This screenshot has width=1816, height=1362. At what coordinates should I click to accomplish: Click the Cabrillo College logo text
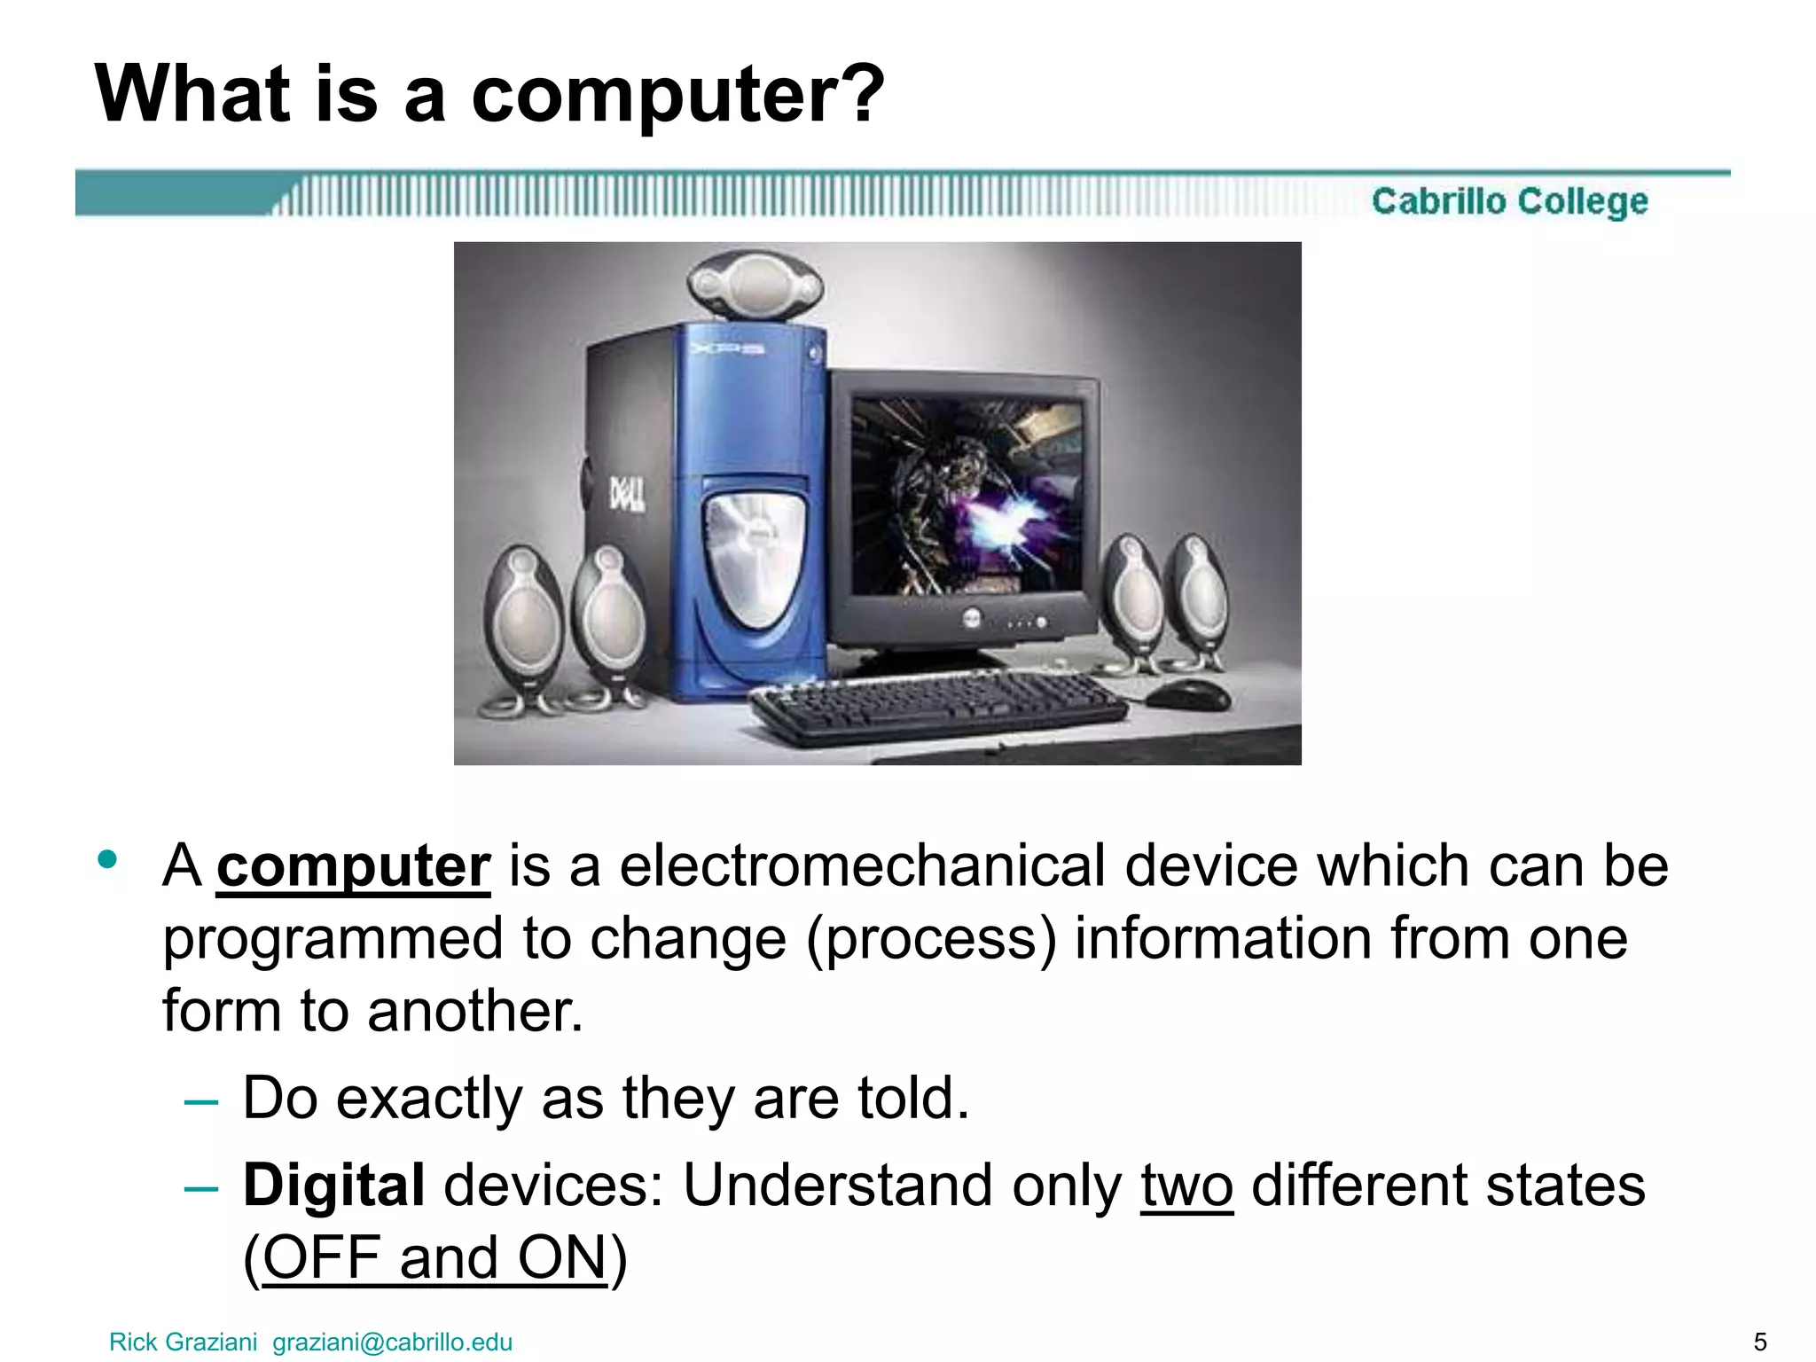1509,201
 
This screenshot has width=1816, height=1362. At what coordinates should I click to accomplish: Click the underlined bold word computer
353,866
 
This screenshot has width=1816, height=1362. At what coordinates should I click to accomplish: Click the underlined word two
1186,1186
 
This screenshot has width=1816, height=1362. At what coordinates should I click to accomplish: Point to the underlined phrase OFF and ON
434,1257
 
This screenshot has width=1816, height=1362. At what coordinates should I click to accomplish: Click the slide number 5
1760,1342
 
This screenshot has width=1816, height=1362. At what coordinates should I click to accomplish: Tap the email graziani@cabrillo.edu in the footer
392,1342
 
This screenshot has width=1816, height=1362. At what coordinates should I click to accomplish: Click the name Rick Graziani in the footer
183,1342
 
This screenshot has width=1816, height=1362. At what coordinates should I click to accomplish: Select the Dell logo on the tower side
626,494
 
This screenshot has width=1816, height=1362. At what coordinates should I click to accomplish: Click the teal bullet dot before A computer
108,858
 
